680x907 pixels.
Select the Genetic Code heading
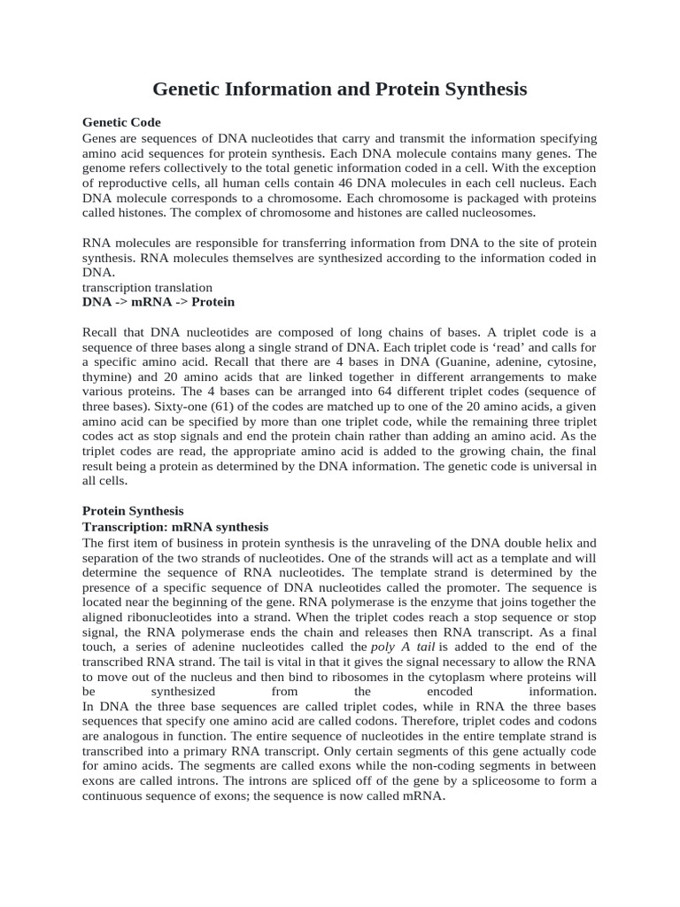tap(121, 122)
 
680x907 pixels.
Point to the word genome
tap(108, 168)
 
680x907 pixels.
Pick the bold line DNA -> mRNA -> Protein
tap(158, 302)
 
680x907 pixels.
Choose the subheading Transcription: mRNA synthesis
tap(175, 527)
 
